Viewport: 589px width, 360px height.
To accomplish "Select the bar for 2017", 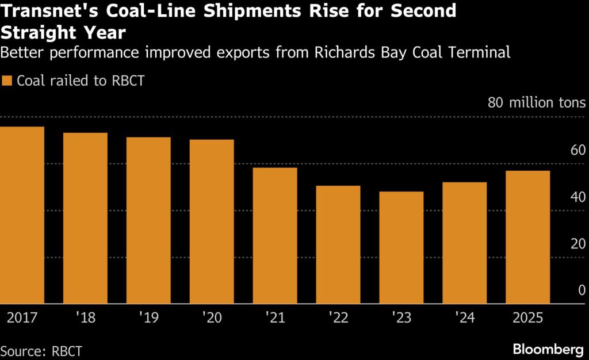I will point(22,215).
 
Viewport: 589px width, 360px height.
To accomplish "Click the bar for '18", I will point(85,218).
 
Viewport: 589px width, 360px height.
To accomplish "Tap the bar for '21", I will point(275,235).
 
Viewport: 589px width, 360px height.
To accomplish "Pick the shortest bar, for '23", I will point(401,247).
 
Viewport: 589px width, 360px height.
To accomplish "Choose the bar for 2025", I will point(528,237).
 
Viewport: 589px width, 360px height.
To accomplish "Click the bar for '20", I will point(212,221).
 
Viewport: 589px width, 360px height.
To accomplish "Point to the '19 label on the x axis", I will point(148,317).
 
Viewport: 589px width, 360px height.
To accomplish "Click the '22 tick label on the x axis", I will point(338,317).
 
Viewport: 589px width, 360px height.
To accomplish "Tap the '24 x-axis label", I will point(464,317).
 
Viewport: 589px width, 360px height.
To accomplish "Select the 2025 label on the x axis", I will point(527,317).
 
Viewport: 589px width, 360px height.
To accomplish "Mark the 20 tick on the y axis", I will point(577,244).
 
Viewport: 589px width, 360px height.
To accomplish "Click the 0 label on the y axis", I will point(582,290).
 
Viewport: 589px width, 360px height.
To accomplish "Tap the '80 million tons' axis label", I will point(537,104).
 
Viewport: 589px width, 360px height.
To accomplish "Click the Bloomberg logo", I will point(549,348).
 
